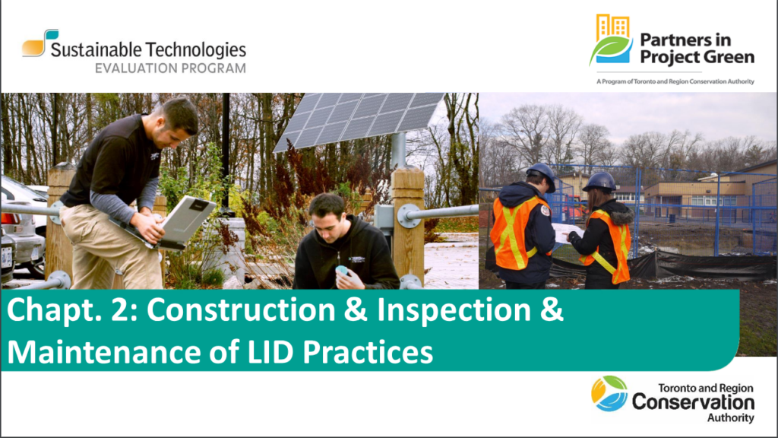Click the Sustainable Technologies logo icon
[40, 43]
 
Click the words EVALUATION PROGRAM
[170, 68]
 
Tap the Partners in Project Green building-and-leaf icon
[612, 40]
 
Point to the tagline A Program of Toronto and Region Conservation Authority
[675, 81]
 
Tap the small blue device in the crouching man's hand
[342, 271]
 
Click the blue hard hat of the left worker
[542, 176]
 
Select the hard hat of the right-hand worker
[600, 182]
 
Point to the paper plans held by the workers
[568, 233]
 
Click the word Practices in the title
[368, 352]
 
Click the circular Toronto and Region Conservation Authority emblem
[609, 393]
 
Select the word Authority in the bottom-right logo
[730, 417]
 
